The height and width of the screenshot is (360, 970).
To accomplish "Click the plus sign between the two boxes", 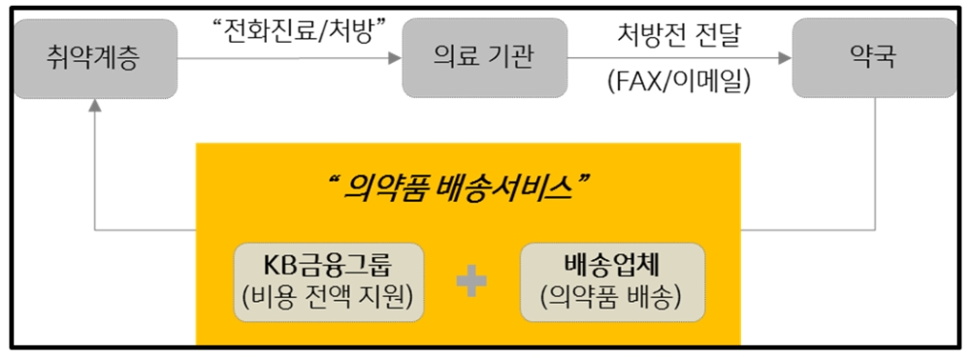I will pyautogui.click(x=471, y=282).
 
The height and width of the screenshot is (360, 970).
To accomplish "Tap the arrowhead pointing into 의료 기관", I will pyautogui.click(x=395, y=58).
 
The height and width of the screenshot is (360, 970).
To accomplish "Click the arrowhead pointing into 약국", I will pyautogui.click(x=786, y=58).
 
